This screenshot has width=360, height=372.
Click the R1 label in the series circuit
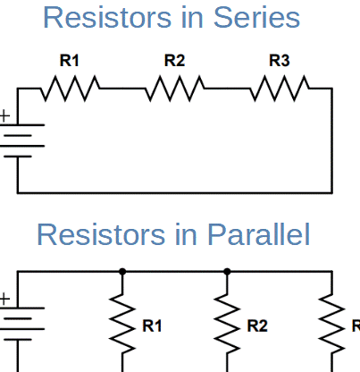coord(70,61)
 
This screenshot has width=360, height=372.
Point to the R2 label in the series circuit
coord(175,61)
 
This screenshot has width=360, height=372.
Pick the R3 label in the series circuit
coord(280,61)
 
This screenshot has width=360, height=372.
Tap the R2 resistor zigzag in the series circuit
coord(175,89)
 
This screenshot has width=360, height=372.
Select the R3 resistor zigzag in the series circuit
coord(280,89)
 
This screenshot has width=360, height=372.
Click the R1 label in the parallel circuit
coord(153,325)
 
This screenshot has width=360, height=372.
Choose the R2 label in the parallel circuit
coord(257,325)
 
